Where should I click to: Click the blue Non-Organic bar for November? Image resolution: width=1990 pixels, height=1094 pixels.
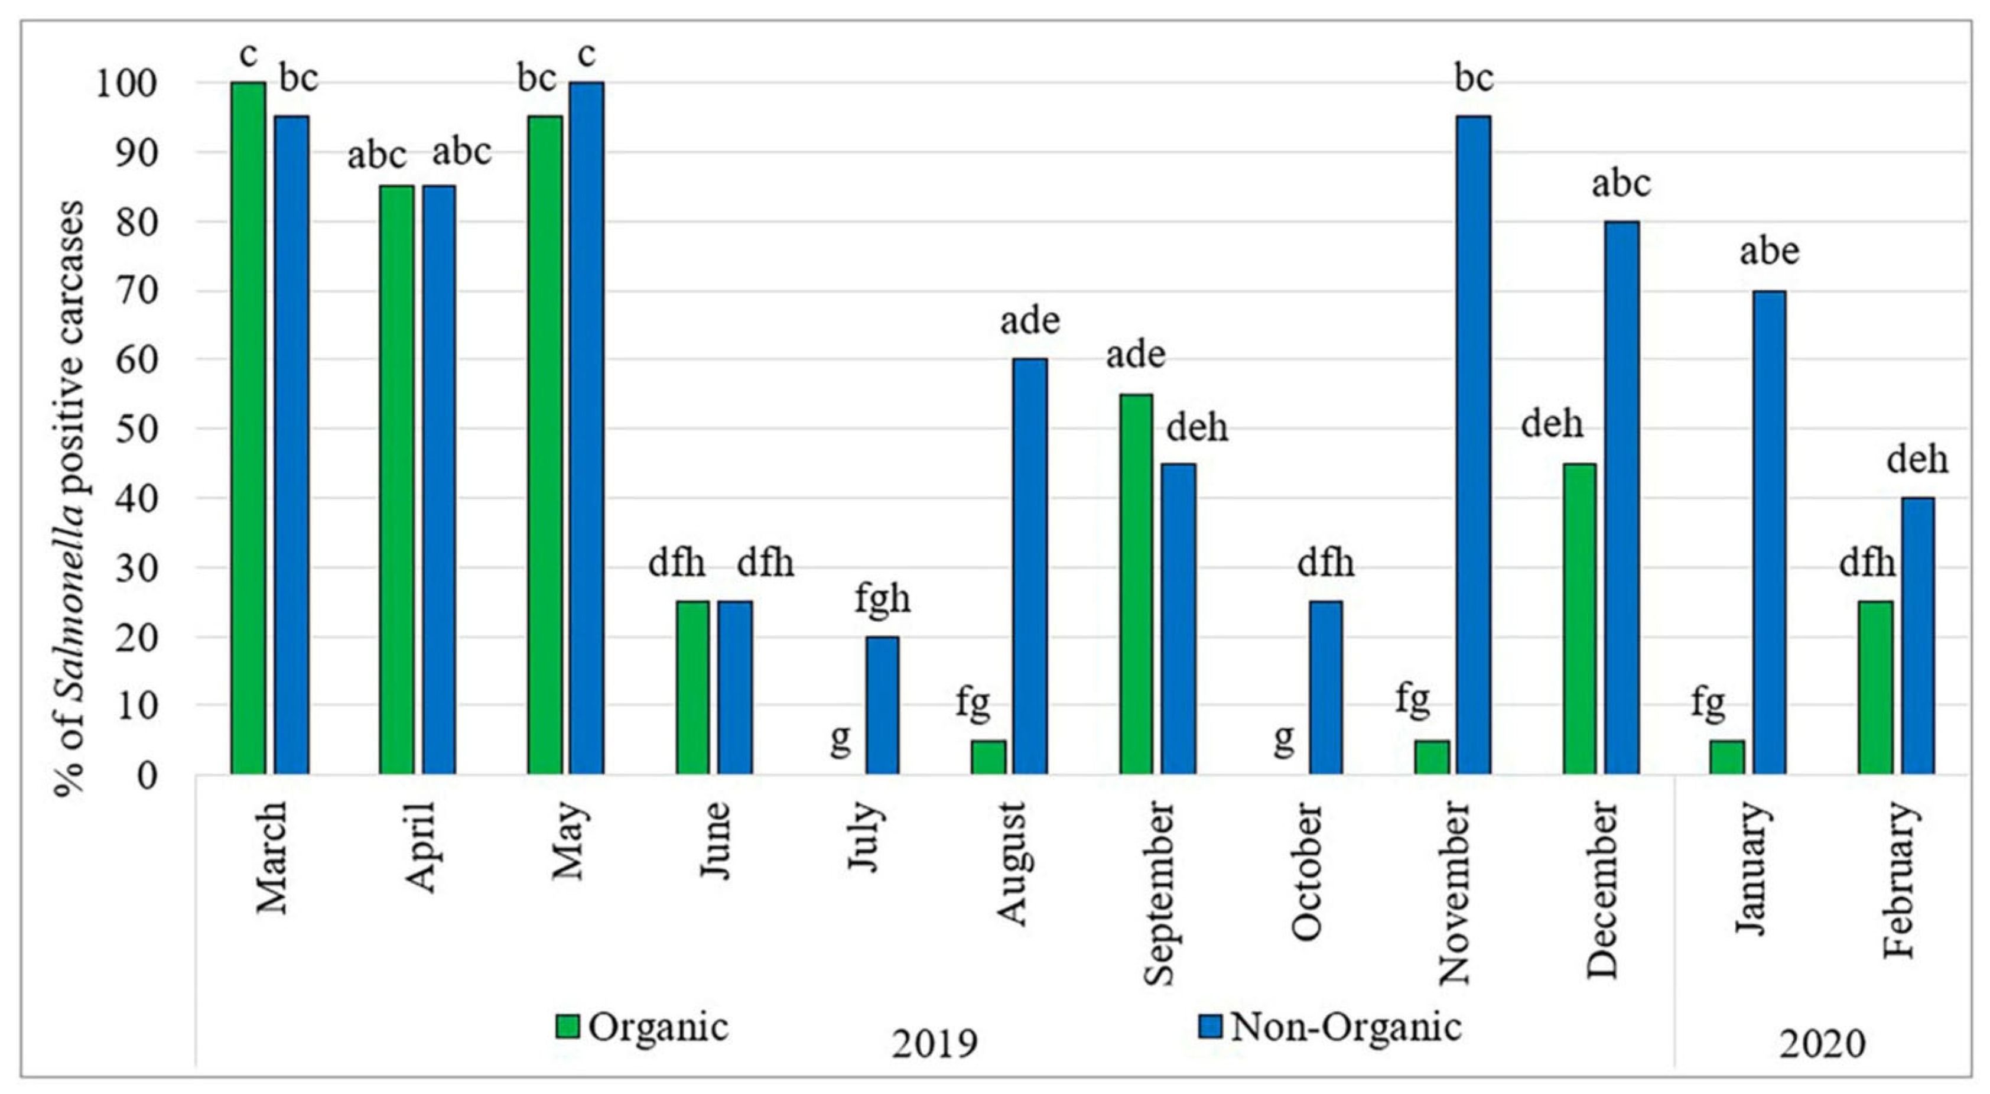coord(1473,444)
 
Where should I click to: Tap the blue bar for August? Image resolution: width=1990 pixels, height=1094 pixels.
coord(1030,566)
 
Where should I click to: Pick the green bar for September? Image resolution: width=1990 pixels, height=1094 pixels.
coord(1136,583)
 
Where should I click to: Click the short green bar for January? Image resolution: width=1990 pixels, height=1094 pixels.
coord(1726,757)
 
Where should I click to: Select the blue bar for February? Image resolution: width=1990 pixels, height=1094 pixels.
coord(1917,635)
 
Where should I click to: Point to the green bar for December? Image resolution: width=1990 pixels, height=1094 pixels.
coord(1579,618)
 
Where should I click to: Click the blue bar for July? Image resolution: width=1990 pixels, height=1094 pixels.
coord(882,705)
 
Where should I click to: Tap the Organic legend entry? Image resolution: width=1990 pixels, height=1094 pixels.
coord(642,1027)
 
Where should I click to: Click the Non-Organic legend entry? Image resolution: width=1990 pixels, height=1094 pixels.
coord(1329,1027)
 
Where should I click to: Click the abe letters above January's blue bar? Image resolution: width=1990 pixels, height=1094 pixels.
coord(1769,252)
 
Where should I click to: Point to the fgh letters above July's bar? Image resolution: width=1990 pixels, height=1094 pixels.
coord(882,599)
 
